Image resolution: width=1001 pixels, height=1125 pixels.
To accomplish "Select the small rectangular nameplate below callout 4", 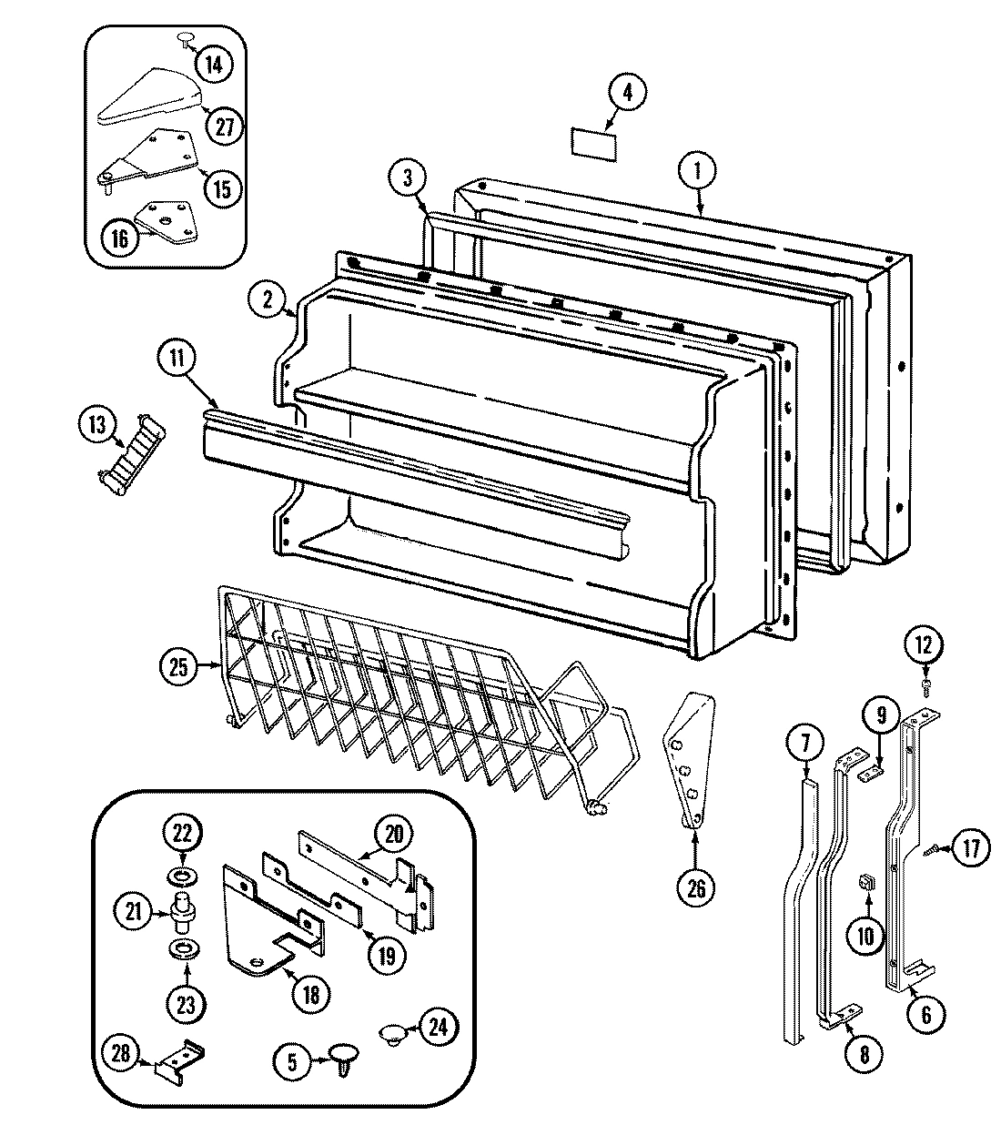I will [x=590, y=141].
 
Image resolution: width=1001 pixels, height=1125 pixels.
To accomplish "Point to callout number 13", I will [x=97, y=424].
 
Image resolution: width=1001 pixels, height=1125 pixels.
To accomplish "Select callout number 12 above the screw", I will [x=924, y=645].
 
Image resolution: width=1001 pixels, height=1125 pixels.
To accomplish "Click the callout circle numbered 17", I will [x=972, y=850].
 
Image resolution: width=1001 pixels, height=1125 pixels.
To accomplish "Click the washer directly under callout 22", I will [x=182, y=877].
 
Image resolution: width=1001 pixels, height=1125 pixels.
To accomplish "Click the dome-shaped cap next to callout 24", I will [x=392, y=1033].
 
